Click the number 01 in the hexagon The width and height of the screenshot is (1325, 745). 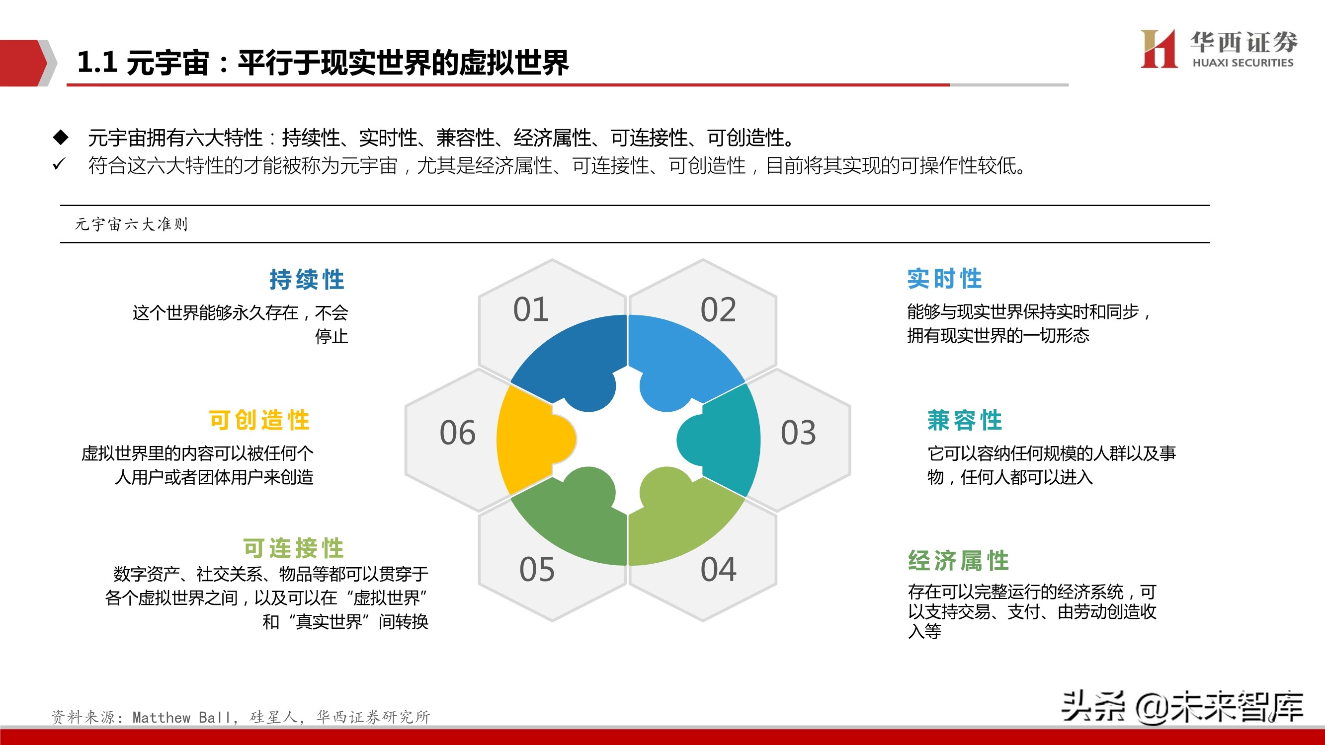click(x=531, y=309)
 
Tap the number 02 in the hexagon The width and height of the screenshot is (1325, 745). click(x=718, y=310)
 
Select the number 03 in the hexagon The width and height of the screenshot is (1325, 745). click(x=798, y=433)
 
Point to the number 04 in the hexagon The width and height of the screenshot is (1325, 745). click(x=718, y=570)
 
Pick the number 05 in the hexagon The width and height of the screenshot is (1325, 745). click(x=537, y=570)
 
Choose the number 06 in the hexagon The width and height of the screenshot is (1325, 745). click(x=457, y=433)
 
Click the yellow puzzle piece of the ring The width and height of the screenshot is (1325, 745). click(x=530, y=440)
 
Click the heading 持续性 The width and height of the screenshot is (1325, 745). click(x=307, y=280)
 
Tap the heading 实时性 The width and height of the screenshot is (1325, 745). click(x=944, y=279)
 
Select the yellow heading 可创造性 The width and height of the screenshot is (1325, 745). click(x=259, y=420)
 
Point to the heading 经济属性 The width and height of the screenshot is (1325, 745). click(x=958, y=560)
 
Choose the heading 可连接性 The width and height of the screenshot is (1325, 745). click(x=293, y=548)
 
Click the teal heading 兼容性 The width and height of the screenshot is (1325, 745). click(x=965, y=420)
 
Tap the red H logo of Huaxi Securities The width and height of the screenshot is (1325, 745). click(x=1159, y=49)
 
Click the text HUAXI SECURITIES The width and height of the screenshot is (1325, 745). click(x=1242, y=63)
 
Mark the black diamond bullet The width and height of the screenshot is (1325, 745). click(x=61, y=137)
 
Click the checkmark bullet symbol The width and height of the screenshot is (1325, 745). click(x=59, y=164)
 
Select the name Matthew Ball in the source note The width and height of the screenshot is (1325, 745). click(x=181, y=717)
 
